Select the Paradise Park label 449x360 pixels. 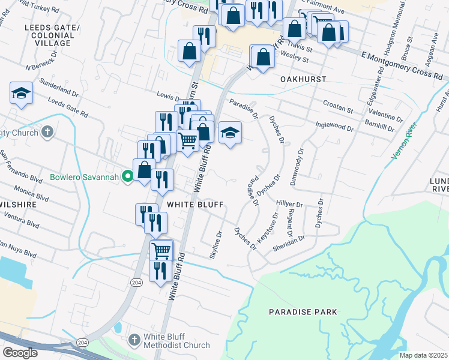coord(303,312)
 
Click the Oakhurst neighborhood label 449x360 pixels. coord(303,79)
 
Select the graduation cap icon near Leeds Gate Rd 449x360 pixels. coord(21,93)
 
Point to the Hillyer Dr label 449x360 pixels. coord(289,205)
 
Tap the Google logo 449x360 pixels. coord(20,353)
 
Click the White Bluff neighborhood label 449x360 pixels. coord(195,205)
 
